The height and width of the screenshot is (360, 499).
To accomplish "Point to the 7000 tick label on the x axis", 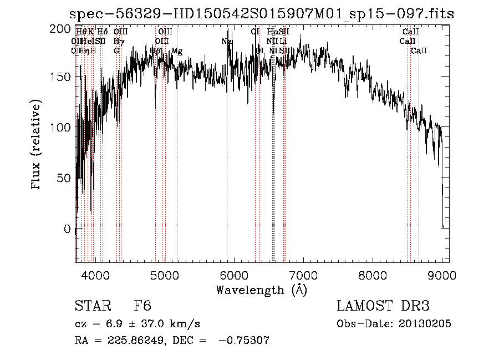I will [x=303, y=275].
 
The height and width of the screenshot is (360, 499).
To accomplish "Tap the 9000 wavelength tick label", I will [x=442, y=275].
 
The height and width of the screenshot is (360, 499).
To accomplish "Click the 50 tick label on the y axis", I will [x=65, y=178].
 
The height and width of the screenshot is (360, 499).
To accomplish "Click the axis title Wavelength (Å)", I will [x=261, y=290].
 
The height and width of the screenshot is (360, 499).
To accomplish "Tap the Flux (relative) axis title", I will [x=37, y=145].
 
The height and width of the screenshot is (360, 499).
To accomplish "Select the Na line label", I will [x=227, y=42].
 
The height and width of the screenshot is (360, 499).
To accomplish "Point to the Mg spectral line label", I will [x=177, y=51].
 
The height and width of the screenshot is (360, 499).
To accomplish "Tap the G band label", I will [x=116, y=51].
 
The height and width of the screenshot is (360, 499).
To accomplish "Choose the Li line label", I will [x=283, y=42].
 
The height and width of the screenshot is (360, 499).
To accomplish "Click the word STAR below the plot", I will [x=93, y=306].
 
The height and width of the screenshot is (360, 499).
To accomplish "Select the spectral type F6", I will [x=142, y=306].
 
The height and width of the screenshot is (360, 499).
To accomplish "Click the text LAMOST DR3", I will [x=383, y=306].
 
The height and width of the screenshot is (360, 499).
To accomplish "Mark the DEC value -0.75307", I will [x=244, y=341].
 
